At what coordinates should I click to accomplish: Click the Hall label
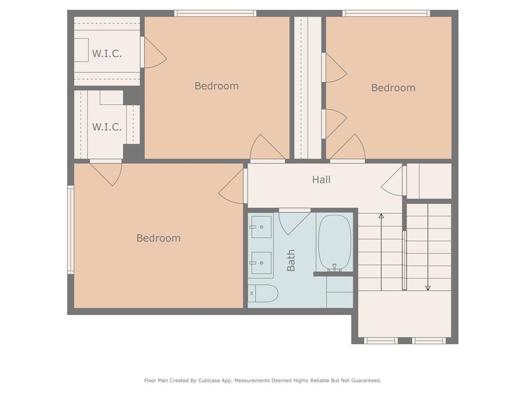(x=321, y=180)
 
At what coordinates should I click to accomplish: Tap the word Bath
(x=291, y=260)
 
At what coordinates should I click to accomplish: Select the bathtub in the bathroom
(x=334, y=243)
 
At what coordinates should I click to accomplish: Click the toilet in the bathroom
(x=263, y=293)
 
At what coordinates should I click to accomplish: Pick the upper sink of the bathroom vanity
(x=261, y=227)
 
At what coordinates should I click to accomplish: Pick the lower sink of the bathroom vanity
(x=261, y=263)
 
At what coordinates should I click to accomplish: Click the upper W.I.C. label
(x=107, y=53)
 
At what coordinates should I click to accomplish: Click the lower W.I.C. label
(x=107, y=127)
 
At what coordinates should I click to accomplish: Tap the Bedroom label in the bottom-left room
(x=158, y=238)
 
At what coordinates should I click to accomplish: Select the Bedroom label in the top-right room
(x=393, y=88)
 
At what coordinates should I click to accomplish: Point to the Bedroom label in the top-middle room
(x=217, y=86)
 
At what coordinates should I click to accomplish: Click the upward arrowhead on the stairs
(x=381, y=216)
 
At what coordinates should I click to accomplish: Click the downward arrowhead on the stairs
(x=428, y=288)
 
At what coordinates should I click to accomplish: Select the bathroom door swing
(x=294, y=223)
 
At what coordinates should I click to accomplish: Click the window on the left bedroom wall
(x=70, y=229)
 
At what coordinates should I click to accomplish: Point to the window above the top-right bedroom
(x=386, y=13)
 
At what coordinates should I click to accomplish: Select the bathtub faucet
(x=334, y=267)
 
